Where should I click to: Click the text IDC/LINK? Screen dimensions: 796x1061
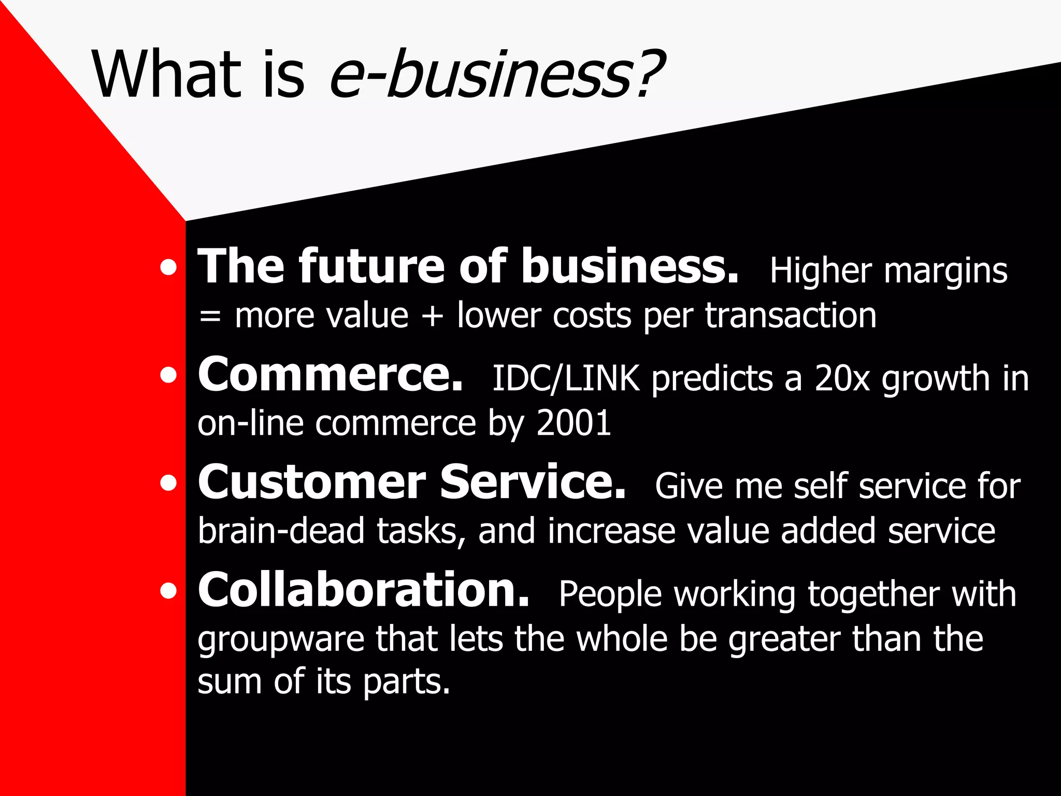click(x=565, y=378)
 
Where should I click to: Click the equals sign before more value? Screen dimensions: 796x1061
click(x=209, y=316)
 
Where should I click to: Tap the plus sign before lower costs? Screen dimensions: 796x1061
click(x=433, y=316)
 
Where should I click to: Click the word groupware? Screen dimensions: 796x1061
click(x=281, y=639)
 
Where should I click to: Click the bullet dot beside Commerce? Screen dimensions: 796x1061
click(x=168, y=375)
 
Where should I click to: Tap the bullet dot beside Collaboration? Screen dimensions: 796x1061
click(x=168, y=591)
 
